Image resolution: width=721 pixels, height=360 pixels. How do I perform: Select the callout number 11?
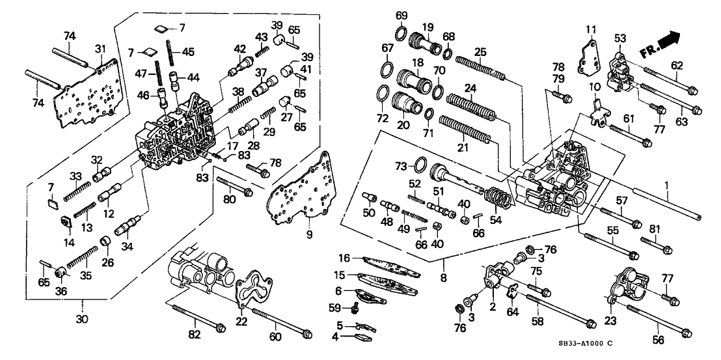590,29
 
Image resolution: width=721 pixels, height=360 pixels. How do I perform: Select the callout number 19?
428,27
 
